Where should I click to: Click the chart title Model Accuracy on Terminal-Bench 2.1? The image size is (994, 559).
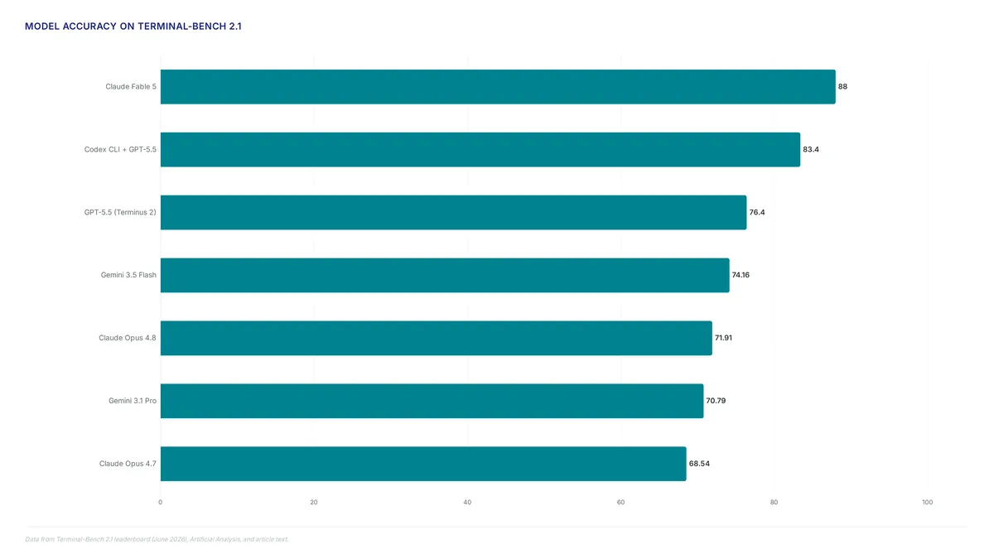[x=133, y=27]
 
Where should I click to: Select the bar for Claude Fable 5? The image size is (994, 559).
[x=498, y=86]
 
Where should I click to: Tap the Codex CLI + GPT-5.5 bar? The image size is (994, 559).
[x=480, y=150]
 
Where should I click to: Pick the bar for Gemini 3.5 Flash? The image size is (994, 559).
[x=445, y=275]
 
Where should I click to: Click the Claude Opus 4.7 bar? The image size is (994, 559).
[x=423, y=464]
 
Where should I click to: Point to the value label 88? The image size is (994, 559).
[x=842, y=86]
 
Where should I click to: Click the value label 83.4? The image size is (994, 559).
[x=811, y=150]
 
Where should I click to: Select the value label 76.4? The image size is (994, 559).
[x=757, y=212]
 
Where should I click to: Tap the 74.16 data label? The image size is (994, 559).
[x=741, y=275]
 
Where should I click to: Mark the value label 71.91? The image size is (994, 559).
[x=723, y=338]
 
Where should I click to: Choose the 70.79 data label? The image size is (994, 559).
[x=716, y=401]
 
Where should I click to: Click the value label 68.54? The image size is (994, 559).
[x=699, y=464]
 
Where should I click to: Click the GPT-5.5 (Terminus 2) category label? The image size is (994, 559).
[x=120, y=212]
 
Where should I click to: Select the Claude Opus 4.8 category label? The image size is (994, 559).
[x=128, y=338]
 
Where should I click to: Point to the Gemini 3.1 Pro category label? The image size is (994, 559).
[x=133, y=401]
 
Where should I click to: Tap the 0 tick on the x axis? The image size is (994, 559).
[x=160, y=502]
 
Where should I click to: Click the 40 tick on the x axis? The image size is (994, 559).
[x=467, y=502]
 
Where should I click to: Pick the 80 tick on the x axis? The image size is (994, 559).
[x=774, y=502]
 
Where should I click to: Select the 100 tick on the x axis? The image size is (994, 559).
[x=928, y=502]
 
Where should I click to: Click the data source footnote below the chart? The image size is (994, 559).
[x=157, y=539]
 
